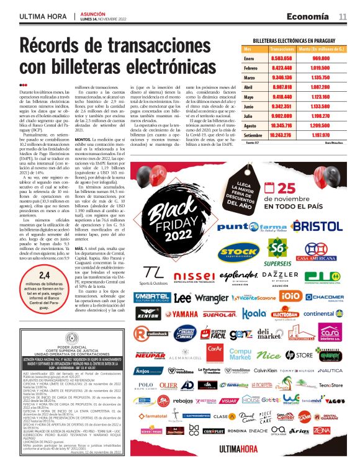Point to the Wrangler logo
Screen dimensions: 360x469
pos(212,298)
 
